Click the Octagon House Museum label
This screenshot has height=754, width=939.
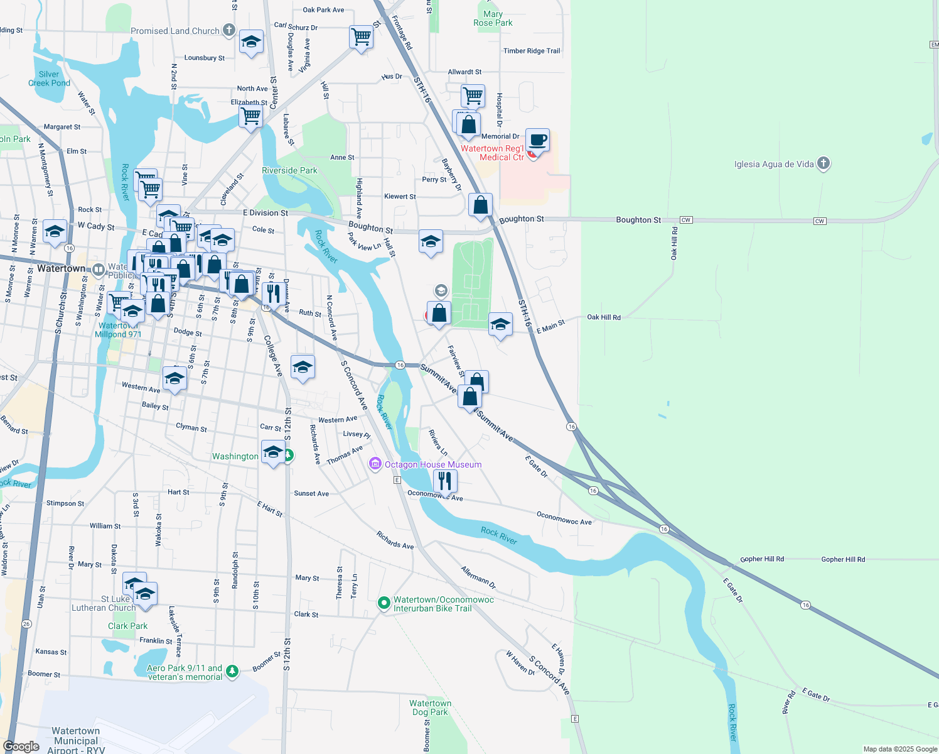click(x=432, y=465)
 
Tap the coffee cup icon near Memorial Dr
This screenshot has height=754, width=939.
click(x=537, y=139)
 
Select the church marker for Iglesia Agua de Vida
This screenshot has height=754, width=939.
click(x=824, y=164)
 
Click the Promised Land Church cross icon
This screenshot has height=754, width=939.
click(x=229, y=30)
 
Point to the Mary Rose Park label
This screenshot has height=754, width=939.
click(x=493, y=19)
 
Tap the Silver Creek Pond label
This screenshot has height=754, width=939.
click(x=49, y=79)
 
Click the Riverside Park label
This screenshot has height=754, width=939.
click(x=289, y=170)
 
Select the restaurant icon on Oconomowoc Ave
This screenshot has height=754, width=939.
click(x=444, y=481)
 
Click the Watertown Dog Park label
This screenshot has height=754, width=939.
click(x=430, y=708)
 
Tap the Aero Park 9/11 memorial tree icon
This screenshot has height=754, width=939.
click(x=232, y=672)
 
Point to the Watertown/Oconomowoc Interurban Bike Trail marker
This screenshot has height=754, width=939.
click(x=384, y=603)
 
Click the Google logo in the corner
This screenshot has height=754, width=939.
click(x=21, y=746)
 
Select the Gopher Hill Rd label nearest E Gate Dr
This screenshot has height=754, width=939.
click(x=761, y=559)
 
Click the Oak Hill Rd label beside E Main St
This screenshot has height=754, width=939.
click(x=603, y=317)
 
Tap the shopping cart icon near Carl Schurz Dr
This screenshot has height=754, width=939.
click(x=361, y=37)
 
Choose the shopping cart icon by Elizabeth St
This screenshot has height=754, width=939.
click(x=250, y=116)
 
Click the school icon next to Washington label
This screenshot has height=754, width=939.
click(x=273, y=452)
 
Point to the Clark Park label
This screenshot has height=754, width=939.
click(x=127, y=626)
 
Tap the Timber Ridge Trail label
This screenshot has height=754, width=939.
click(x=532, y=51)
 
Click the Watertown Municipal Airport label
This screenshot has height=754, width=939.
click(x=76, y=740)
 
